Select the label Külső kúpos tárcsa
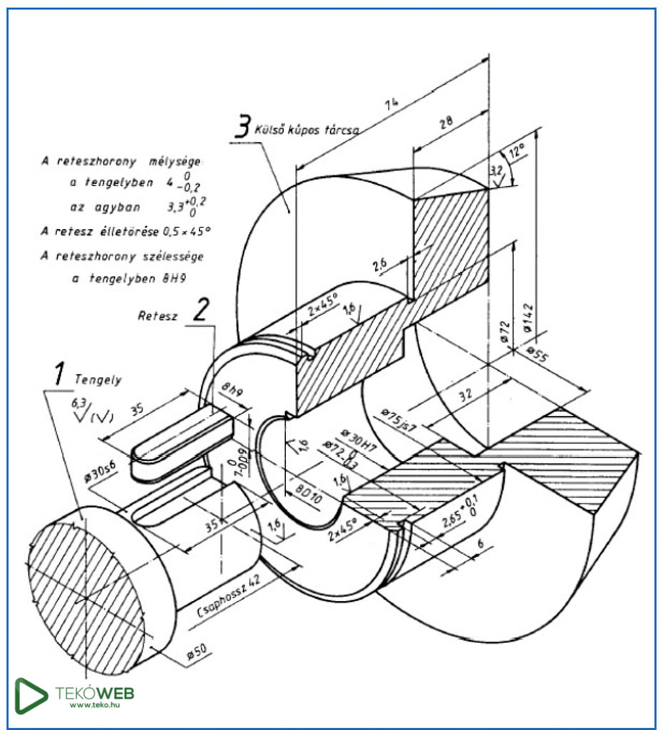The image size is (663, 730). tap(307, 130)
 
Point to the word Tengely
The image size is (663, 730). tap(98, 380)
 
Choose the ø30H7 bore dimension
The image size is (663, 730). tap(360, 437)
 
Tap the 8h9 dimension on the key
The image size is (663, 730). tap(232, 390)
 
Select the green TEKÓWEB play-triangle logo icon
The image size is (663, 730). tap(31, 695)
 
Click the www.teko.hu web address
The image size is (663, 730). tap(94, 705)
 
